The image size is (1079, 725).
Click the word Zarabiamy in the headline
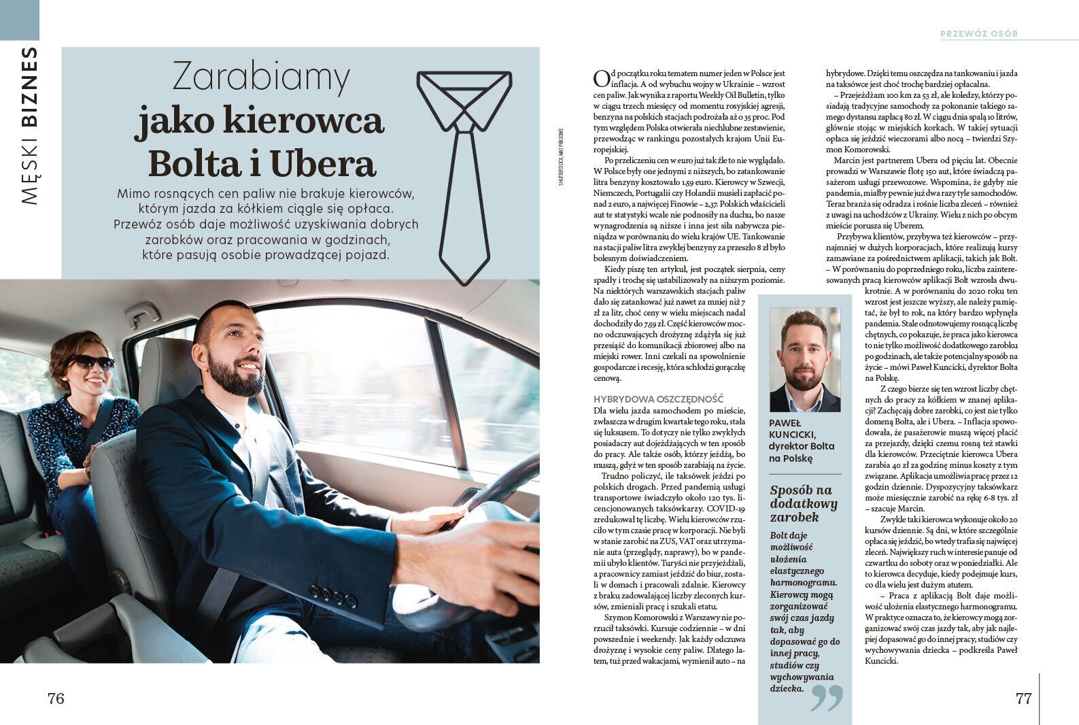coord(261,77)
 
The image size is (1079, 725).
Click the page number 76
coord(56,698)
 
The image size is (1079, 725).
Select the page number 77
coord(1023,698)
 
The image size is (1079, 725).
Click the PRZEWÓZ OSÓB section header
coord(979,33)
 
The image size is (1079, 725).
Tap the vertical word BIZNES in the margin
coord(29,86)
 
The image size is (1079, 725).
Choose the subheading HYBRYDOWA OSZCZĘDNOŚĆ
coord(658,399)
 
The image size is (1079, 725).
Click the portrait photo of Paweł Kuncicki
coord(805,360)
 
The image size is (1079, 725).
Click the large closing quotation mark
coord(827,697)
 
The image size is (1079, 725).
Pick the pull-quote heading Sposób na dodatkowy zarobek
coord(803,503)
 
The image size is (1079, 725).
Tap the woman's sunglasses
coord(93,362)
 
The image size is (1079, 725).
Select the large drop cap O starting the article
coord(600,78)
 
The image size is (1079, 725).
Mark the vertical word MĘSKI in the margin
coord(29,170)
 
